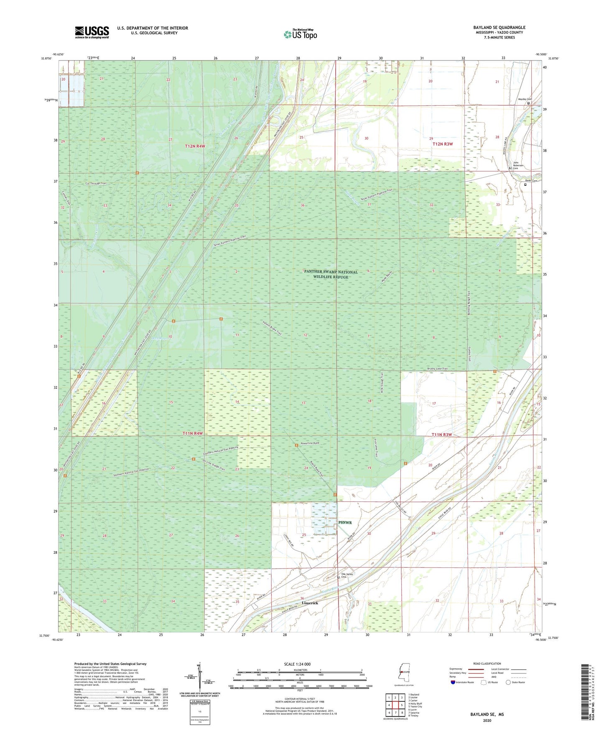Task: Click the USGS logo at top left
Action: [x=92, y=32]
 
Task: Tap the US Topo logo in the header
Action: [x=300, y=34]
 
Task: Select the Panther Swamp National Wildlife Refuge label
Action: [x=331, y=274]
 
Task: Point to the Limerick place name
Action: [x=310, y=603]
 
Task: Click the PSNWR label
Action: [x=345, y=522]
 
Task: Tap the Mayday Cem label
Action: [x=525, y=99]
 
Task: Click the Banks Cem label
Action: [x=530, y=181]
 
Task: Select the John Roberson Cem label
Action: [x=518, y=165]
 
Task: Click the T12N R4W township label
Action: [x=195, y=146]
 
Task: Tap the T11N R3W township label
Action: [x=442, y=435]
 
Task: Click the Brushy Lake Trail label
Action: [x=437, y=369]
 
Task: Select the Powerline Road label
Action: [x=310, y=443]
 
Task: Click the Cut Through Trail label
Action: [x=96, y=183]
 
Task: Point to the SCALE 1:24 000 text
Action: [x=297, y=664]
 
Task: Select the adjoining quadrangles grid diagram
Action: [x=395, y=705]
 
